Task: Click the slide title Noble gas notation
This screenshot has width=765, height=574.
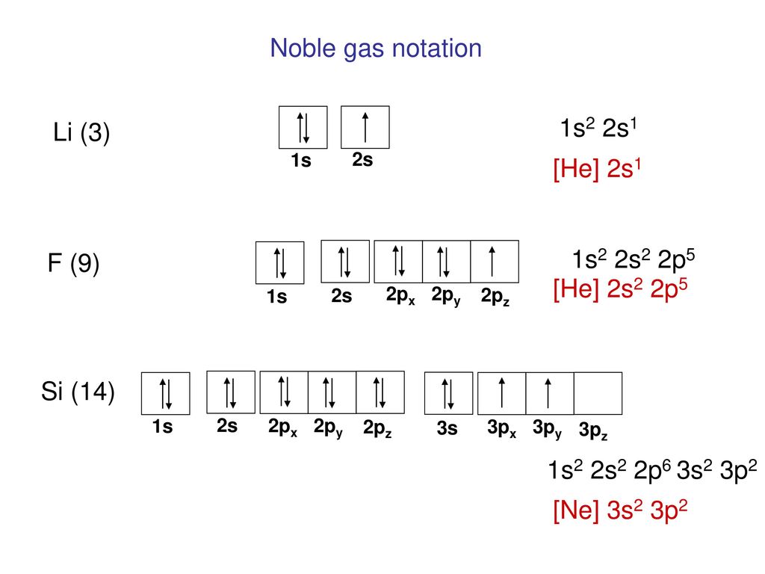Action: click(x=376, y=49)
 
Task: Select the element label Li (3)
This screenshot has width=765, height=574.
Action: click(x=81, y=132)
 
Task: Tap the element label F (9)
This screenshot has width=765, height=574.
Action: click(x=74, y=263)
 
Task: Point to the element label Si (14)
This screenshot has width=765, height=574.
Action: click(x=78, y=392)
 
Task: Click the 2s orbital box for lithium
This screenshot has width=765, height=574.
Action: click(x=365, y=127)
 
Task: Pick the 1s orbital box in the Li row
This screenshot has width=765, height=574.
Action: click(x=303, y=127)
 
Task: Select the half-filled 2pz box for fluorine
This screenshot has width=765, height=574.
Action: click(x=495, y=261)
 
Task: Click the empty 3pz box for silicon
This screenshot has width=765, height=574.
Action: click(x=598, y=393)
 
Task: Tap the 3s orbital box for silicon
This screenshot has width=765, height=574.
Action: click(x=448, y=393)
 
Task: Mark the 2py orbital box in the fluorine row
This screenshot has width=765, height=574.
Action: click(x=446, y=261)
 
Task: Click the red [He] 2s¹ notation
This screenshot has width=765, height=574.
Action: click(x=597, y=169)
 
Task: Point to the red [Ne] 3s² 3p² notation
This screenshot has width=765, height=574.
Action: click(x=620, y=510)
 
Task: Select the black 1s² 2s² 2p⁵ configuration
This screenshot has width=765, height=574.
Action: click(x=634, y=259)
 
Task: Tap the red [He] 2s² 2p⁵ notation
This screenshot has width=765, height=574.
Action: click(x=620, y=289)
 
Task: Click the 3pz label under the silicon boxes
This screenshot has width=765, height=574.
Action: click(x=593, y=430)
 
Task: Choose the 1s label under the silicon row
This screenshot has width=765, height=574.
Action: click(x=162, y=427)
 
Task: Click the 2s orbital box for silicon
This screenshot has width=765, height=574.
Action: click(x=231, y=392)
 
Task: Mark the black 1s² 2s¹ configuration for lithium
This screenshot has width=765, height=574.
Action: click(x=598, y=129)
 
